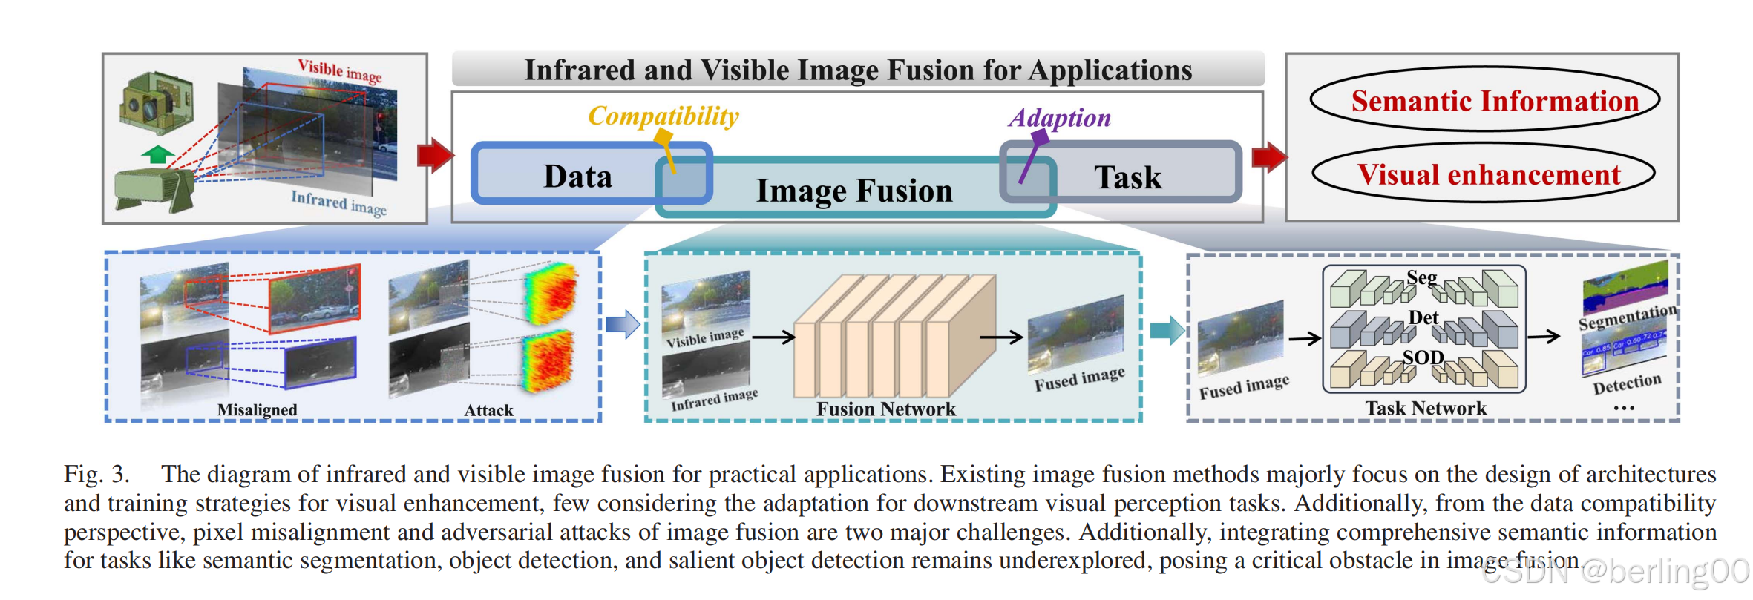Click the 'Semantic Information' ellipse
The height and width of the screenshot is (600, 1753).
click(1484, 100)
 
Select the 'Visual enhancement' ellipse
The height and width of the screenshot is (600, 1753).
click(1484, 174)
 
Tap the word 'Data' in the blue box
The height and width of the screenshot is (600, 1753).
click(577, 177)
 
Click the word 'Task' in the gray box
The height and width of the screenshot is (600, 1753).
click(1127, 177)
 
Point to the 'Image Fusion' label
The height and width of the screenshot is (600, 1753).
click(854, 191)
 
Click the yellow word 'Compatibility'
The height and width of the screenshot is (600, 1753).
click(663, 116)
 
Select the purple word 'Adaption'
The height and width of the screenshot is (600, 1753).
click(1059, 118)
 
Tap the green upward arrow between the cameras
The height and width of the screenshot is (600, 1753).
click(157, 154)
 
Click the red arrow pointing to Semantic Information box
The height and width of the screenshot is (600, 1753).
click(1269, 156)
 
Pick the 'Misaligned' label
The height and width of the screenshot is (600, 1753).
click(257, 409)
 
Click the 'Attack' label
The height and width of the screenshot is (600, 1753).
click(488, 410)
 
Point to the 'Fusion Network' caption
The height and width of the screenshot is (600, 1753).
click(886, 409)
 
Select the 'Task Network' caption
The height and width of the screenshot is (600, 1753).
click(1426, 408)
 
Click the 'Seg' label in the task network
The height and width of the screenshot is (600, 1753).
click(1421, 278)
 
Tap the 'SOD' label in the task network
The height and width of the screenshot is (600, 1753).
click(1423, 357)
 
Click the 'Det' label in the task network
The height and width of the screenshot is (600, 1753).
click(1423, 317)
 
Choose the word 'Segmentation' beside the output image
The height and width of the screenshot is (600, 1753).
click(1626, 317)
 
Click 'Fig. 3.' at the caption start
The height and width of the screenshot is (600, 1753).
click(96, 474)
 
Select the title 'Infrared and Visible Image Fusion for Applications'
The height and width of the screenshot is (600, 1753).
click(858, 70)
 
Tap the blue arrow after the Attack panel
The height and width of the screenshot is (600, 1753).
click(622, 324)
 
